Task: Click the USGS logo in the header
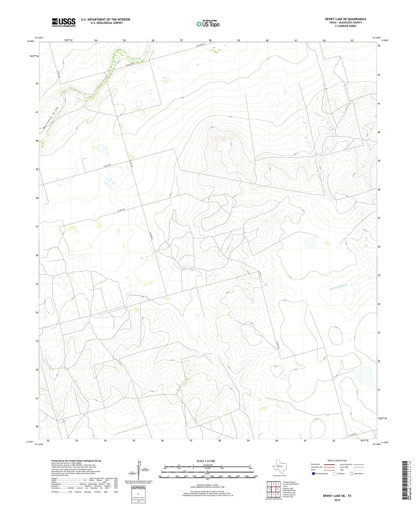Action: click(64, 22)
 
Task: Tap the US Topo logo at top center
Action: click(208, 24)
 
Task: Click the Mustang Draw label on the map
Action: click(51, 118)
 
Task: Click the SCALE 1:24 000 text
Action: click(206, 461)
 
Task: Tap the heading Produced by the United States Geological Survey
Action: click(76, 461)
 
